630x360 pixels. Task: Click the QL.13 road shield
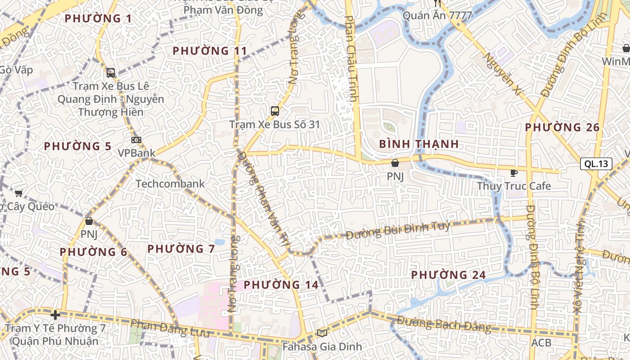596,164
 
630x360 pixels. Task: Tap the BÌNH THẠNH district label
419,144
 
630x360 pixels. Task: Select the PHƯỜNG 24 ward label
449,274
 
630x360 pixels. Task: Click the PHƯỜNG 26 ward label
562,127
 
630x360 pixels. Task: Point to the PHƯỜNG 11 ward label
210,51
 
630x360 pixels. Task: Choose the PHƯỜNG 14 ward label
281,284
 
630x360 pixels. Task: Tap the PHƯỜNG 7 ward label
181,248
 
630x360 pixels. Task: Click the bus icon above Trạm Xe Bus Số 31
274,111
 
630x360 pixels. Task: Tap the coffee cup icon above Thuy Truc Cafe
513,173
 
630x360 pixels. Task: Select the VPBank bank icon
136,140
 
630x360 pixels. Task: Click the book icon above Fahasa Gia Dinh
322,333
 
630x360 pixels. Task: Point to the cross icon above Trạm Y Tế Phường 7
55,315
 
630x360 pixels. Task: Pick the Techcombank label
170,184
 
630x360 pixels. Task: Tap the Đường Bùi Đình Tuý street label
398,230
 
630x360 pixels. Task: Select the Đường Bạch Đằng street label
443,324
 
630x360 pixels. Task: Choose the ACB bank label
541,343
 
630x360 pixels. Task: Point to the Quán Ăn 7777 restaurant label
437,16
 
